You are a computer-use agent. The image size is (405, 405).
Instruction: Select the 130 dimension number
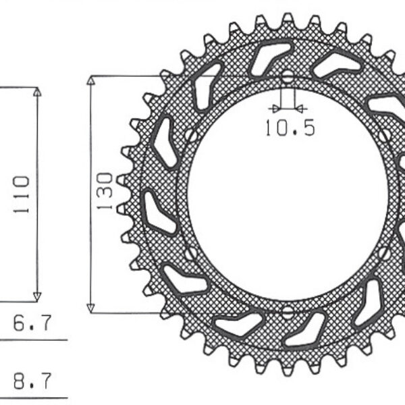(x=105, y=192)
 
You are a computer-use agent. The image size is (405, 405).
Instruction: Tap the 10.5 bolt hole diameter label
(x=290, y=128)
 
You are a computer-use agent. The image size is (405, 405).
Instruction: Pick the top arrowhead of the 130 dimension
(x=91, y=82)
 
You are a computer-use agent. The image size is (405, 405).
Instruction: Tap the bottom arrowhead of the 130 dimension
(x=91, y=307)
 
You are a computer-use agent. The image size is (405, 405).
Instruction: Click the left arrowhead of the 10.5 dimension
(x=273, y=107)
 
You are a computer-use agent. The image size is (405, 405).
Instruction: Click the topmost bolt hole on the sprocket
(x=287, y=77)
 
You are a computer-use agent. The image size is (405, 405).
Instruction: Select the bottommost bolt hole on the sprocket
(x=287, y=312)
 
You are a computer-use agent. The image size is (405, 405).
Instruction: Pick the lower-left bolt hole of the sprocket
(x=191, y=254)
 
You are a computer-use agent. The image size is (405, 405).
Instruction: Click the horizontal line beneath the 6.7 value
(x=34, y=340)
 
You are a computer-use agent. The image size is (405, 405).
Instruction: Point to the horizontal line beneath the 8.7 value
(x=34, y=398)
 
